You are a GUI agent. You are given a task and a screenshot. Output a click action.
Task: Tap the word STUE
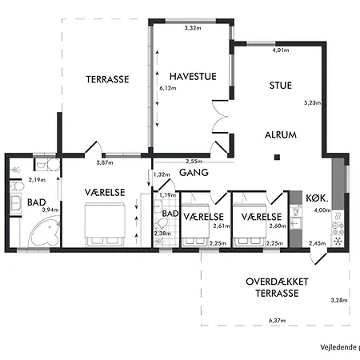280,84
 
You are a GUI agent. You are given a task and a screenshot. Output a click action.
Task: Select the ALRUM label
280,135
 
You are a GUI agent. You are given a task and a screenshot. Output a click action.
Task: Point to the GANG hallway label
194,173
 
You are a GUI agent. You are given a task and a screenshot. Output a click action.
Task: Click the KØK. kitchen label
317,197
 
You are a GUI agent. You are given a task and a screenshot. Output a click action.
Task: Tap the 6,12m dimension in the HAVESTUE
167,88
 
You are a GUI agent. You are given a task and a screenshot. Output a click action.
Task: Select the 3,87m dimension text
105,162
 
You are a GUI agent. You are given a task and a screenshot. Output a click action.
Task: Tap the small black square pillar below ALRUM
275,156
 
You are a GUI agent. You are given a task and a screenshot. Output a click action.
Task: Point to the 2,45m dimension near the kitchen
317,243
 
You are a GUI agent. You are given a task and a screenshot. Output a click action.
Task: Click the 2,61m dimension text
221,226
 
